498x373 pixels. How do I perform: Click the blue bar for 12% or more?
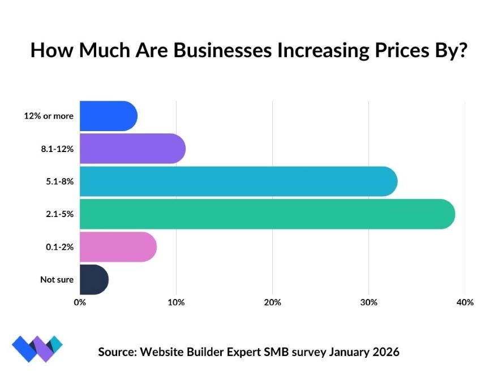108,116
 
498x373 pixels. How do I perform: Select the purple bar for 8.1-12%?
132,149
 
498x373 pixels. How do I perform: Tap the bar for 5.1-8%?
238,181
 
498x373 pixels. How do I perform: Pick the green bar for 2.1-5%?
267,214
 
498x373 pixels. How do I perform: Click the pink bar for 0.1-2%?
118,247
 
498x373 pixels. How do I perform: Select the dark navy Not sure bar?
93,279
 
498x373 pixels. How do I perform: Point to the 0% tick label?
80,302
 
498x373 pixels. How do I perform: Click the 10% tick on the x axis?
176,302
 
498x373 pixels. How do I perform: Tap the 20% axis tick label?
272,302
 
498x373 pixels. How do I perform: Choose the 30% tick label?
368,302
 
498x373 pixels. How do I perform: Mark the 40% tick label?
465,302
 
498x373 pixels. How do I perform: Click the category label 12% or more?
49,116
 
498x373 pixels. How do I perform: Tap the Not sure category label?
57,280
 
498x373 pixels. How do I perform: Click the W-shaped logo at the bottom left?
37,349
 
